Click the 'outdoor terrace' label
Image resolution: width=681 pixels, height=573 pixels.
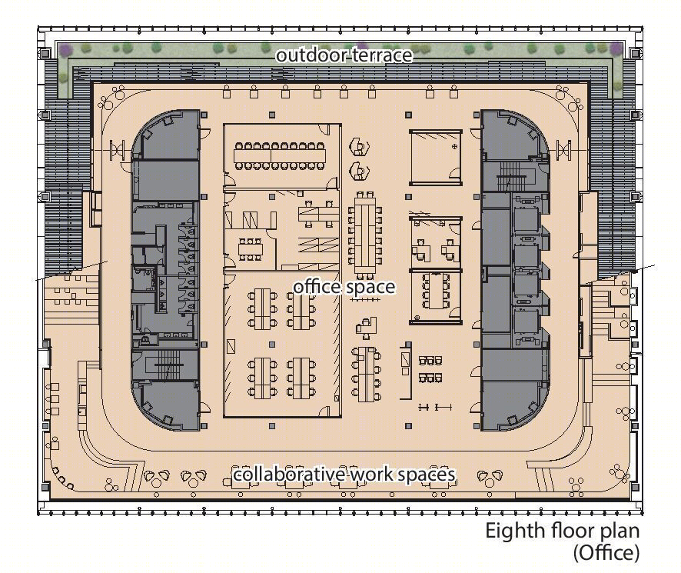pos(344,55)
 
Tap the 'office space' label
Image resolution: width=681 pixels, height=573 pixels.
pos(344,287)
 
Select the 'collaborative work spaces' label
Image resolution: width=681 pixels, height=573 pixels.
pos(344,474)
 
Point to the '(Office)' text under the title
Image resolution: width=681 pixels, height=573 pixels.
pos(606,553)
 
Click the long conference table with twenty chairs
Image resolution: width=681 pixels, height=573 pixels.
pos(279,156)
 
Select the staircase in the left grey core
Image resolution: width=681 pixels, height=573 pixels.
pos(164,365)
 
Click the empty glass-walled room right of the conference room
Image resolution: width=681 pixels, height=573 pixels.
pos(436,157)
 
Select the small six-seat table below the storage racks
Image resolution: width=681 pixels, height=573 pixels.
pos(250,249)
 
